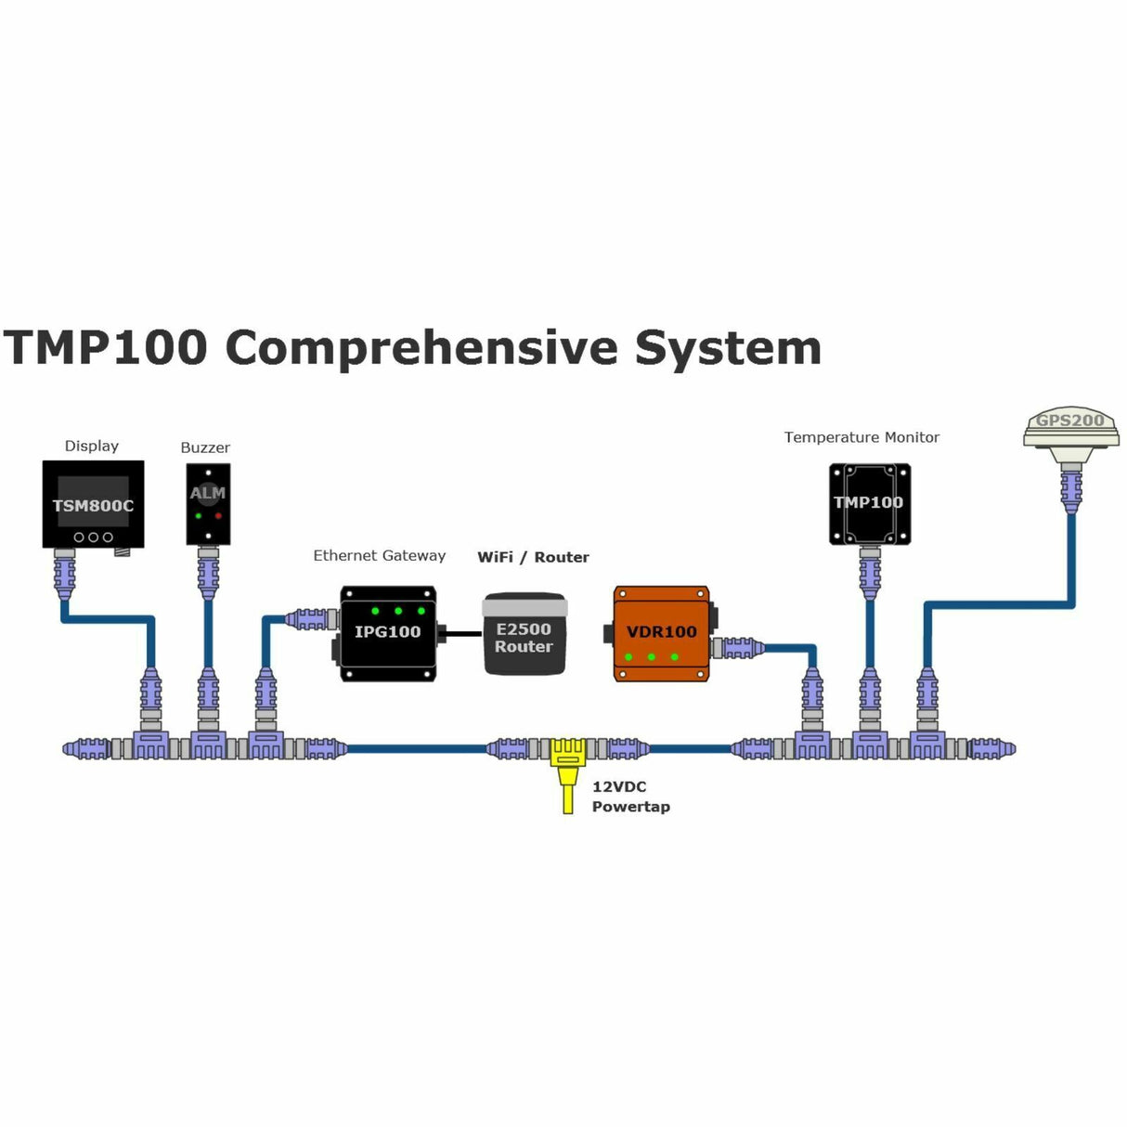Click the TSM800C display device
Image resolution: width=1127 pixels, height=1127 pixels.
pos(93,504)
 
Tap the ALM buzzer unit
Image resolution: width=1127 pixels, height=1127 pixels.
pos(207,504)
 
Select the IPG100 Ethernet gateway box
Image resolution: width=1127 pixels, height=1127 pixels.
pos(388,633)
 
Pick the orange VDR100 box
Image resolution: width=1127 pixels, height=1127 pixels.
pos(661,633)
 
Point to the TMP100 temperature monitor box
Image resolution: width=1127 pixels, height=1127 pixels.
pos(869,503)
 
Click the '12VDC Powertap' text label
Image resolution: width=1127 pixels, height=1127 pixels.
pos(630,797)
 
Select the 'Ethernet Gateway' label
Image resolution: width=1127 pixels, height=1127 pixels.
pos(379,555)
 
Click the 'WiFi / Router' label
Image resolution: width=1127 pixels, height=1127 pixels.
pos(533,557)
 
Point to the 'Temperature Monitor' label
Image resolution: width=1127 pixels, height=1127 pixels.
pos(861,437)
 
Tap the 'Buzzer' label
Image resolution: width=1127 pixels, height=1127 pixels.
pos(205,447)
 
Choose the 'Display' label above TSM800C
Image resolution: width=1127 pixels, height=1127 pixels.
pos(92,446)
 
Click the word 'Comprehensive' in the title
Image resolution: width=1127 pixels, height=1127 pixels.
pos(421,348)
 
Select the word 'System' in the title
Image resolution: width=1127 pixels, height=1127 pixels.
pos(729,348)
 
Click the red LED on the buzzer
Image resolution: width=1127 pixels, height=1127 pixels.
pos(219,515)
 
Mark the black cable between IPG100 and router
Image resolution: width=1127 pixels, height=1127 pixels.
pos(460,634)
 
